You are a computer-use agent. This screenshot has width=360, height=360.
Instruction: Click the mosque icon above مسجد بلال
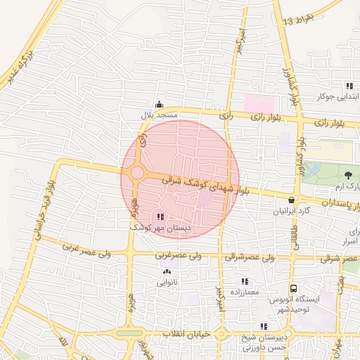click(160, 104)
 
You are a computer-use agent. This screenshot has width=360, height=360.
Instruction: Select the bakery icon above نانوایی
click(166, 273)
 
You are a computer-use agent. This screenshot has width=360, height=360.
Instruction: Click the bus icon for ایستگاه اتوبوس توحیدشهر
click(293, 288)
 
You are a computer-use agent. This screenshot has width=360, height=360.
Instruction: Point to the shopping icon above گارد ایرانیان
click(291, 200)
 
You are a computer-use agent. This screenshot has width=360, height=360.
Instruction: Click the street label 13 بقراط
click(307, 18)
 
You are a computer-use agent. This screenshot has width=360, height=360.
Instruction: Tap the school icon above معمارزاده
click(244, 281)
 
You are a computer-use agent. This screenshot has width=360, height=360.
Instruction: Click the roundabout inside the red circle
click(137, 173)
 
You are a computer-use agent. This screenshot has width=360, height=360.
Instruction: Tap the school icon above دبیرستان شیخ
click(264, 327)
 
